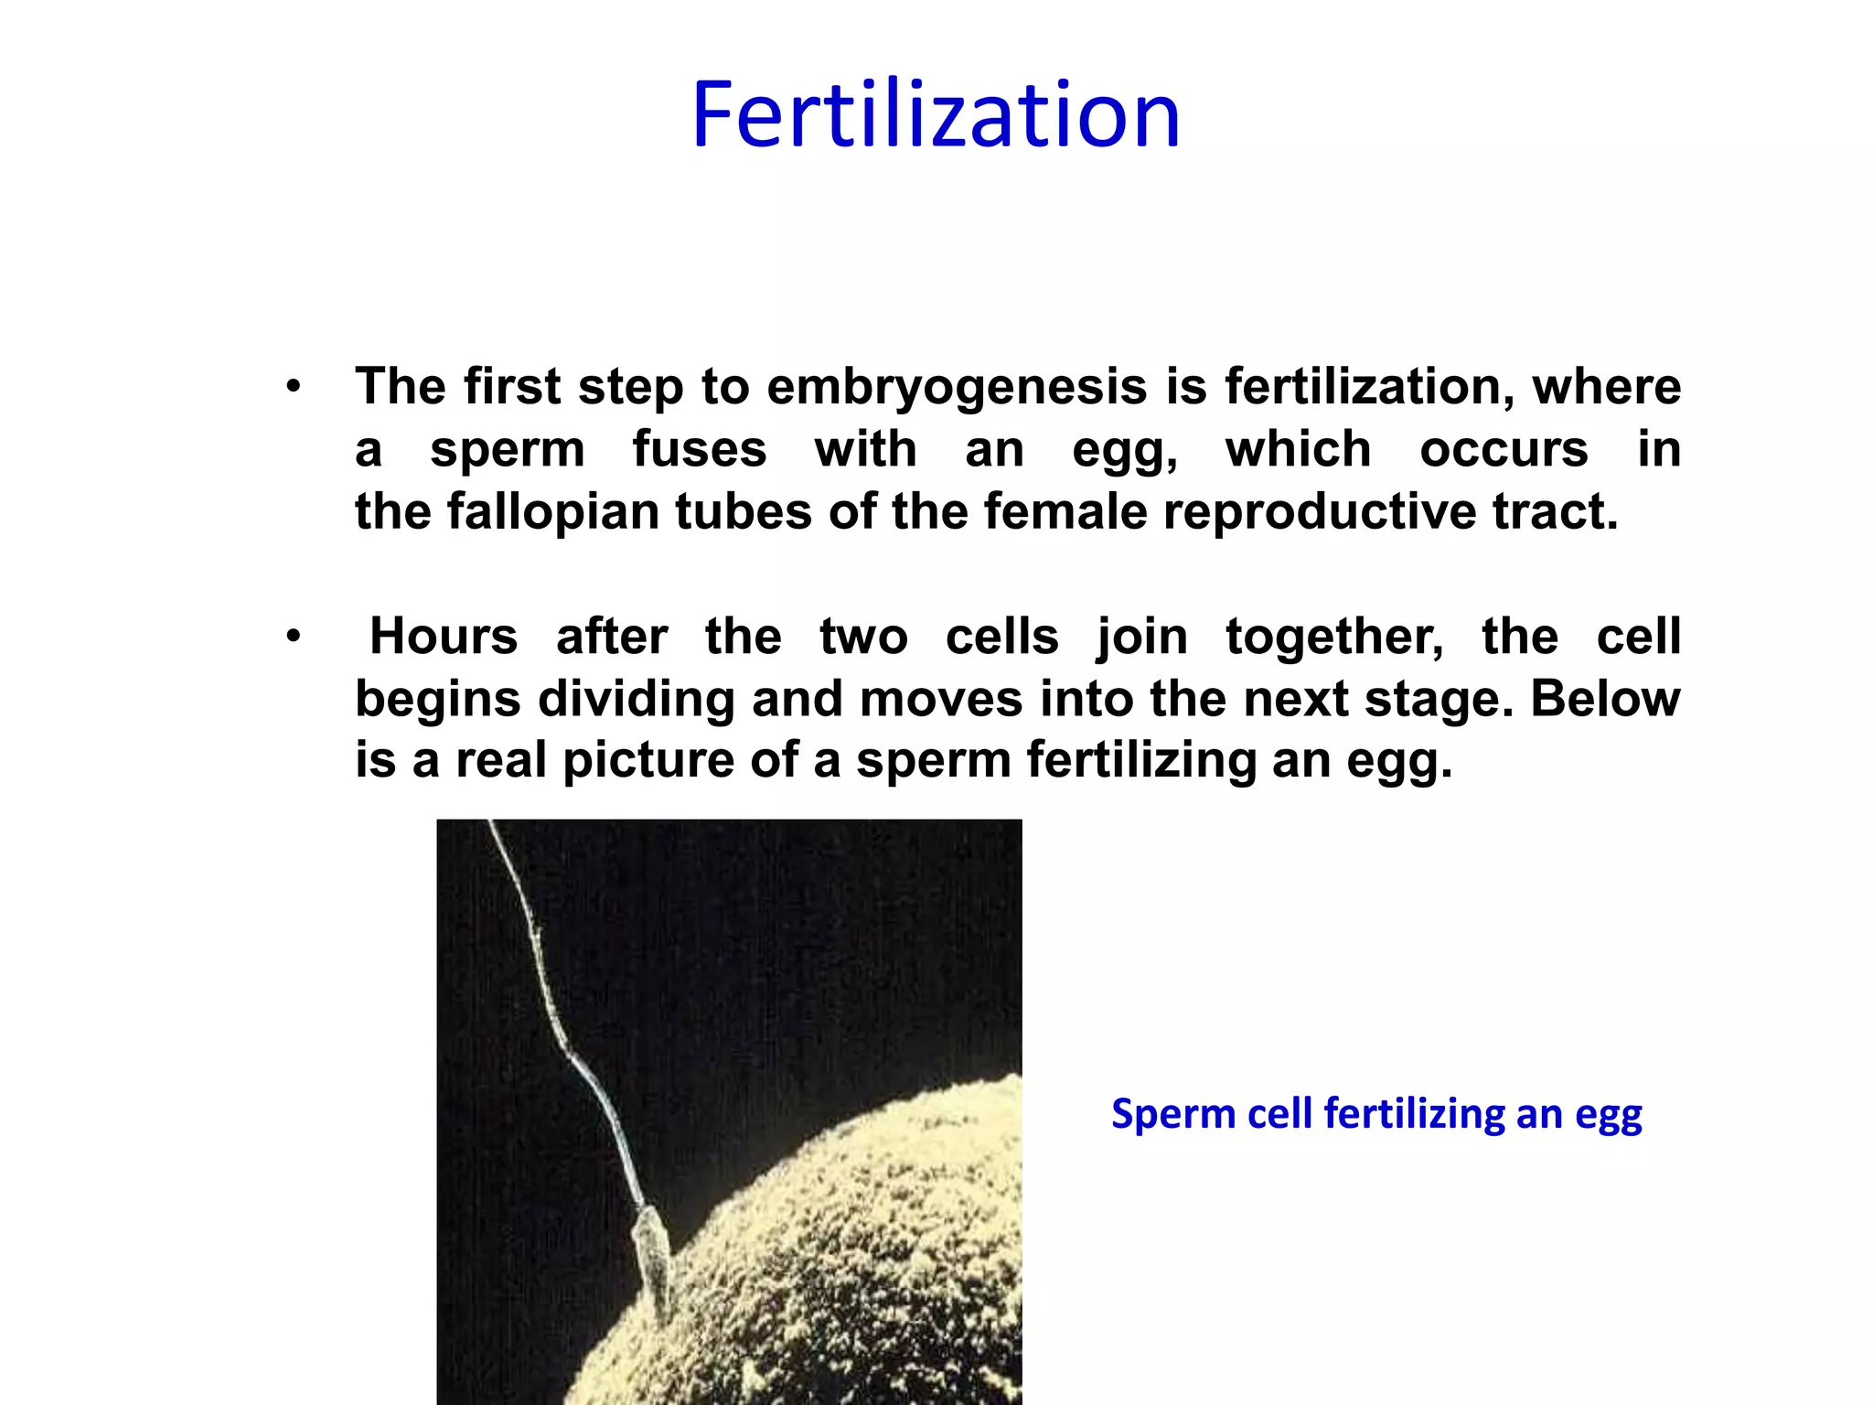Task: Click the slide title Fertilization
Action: [x=936, y=115]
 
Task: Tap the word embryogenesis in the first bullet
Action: [x=957, y=386]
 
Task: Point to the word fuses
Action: [x=700, y=449]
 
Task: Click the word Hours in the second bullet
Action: [x=444, y=636]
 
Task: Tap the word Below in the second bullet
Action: [x=1605, y=699]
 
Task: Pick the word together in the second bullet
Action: [x=1334, y=636]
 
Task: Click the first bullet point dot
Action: [x=293, y=387]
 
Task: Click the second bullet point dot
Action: [x=293, y=637]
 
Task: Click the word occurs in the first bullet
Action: [x=1504, y=449]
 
